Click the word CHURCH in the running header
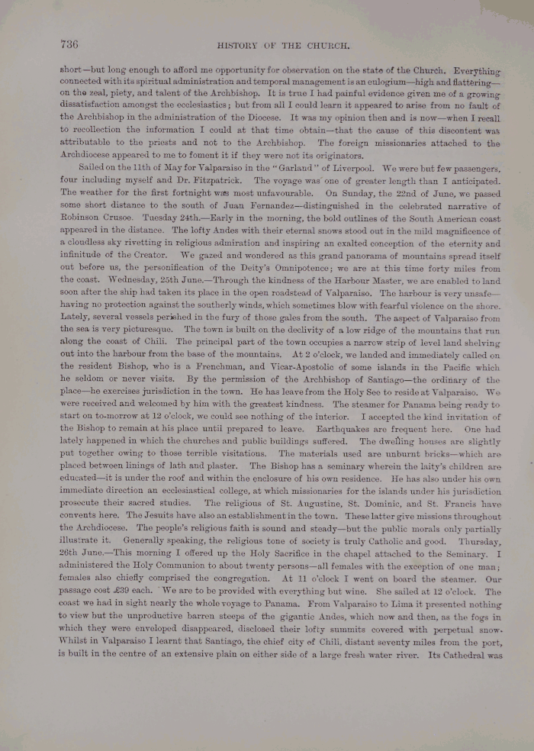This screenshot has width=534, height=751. click(330, 45)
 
